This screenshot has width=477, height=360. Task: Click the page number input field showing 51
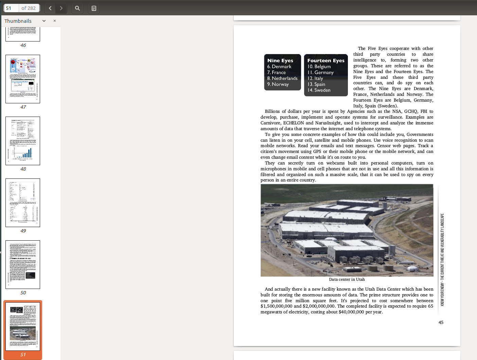coord(11,8)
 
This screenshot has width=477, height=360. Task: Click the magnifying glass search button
coord(77,8)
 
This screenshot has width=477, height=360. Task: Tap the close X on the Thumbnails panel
coord(55,21)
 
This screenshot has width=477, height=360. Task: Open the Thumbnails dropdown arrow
coord(44,21)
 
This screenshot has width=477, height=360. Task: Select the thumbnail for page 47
coord(23,79)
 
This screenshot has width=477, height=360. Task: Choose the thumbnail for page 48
coord(23,141)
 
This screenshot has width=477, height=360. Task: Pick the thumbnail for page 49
coord(23,203)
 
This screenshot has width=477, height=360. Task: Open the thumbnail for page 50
coord(23,264)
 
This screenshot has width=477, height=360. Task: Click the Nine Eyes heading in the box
coord(280,61)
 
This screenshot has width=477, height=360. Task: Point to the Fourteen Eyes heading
coord(326,61)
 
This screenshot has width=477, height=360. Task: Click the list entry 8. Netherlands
coord(282,78)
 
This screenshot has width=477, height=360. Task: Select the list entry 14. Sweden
coord(319,90)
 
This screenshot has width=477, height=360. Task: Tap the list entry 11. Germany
coord(321,72)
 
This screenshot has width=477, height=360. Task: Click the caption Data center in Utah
coord(347,279)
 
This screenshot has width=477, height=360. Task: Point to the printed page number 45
coord(441,323)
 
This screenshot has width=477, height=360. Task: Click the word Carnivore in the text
coord(270,123)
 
